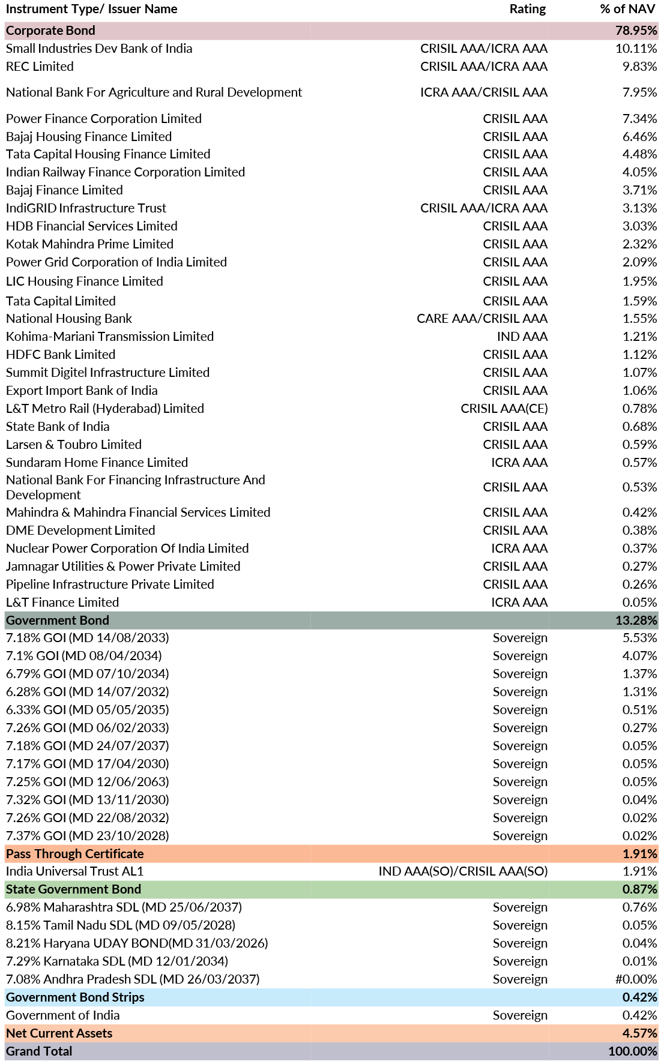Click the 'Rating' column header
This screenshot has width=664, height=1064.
527,9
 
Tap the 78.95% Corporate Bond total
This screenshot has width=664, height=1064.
636,31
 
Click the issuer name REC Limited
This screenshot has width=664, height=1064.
40,67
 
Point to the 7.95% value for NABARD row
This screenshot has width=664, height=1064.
639,92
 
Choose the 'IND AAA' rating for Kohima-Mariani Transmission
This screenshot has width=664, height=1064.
522,337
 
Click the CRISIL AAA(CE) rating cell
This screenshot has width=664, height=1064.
504,409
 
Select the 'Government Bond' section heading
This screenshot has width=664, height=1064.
58,621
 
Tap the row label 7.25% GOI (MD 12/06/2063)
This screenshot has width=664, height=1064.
88,782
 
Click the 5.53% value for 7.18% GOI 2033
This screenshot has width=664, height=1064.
639,638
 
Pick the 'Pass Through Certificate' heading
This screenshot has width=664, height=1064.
75,854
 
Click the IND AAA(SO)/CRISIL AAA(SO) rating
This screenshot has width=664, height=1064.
463,871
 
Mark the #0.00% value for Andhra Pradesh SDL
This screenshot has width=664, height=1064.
636,979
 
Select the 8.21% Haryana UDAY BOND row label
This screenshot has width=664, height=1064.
137,943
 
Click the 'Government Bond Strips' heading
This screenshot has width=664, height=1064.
75,997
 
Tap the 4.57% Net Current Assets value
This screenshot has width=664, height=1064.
639,1033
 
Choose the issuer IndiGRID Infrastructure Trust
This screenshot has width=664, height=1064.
86,208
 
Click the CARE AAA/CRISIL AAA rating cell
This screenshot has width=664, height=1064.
482,319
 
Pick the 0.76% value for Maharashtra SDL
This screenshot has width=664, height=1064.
639,907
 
